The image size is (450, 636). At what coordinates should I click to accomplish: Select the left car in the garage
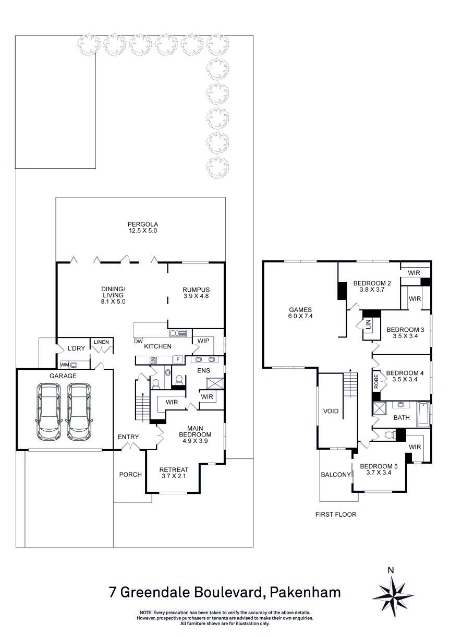pyautogui.click(x=48, y=411)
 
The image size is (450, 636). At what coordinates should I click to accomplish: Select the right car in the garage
pyautogui.click(x=79, y=411)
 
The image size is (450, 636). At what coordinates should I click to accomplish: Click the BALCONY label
pyautogui.click(x=335, y=475)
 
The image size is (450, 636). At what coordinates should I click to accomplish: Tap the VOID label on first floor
pyautogui.click(x=331, y=411)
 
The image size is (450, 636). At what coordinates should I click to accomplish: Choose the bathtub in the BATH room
pyautogui.click(x=423, y=415)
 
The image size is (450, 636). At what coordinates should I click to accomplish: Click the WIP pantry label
pyautogui.click(x=203, y=341)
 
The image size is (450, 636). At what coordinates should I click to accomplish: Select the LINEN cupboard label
pyautogui.click(x=101, y=342)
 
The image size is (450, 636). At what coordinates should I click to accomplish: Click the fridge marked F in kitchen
pyautogui.click(x=177, y=359)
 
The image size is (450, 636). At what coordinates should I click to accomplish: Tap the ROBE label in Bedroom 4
pyautogui.click(x=375, y=380)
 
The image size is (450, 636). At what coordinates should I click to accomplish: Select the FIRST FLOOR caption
pyautogui.click(x=335, y=514)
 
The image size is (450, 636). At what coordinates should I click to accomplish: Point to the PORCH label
pyautogui.click(x=130, y=474)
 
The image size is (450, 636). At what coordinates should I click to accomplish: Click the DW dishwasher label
pyautogui.click(x=139, y=341)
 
